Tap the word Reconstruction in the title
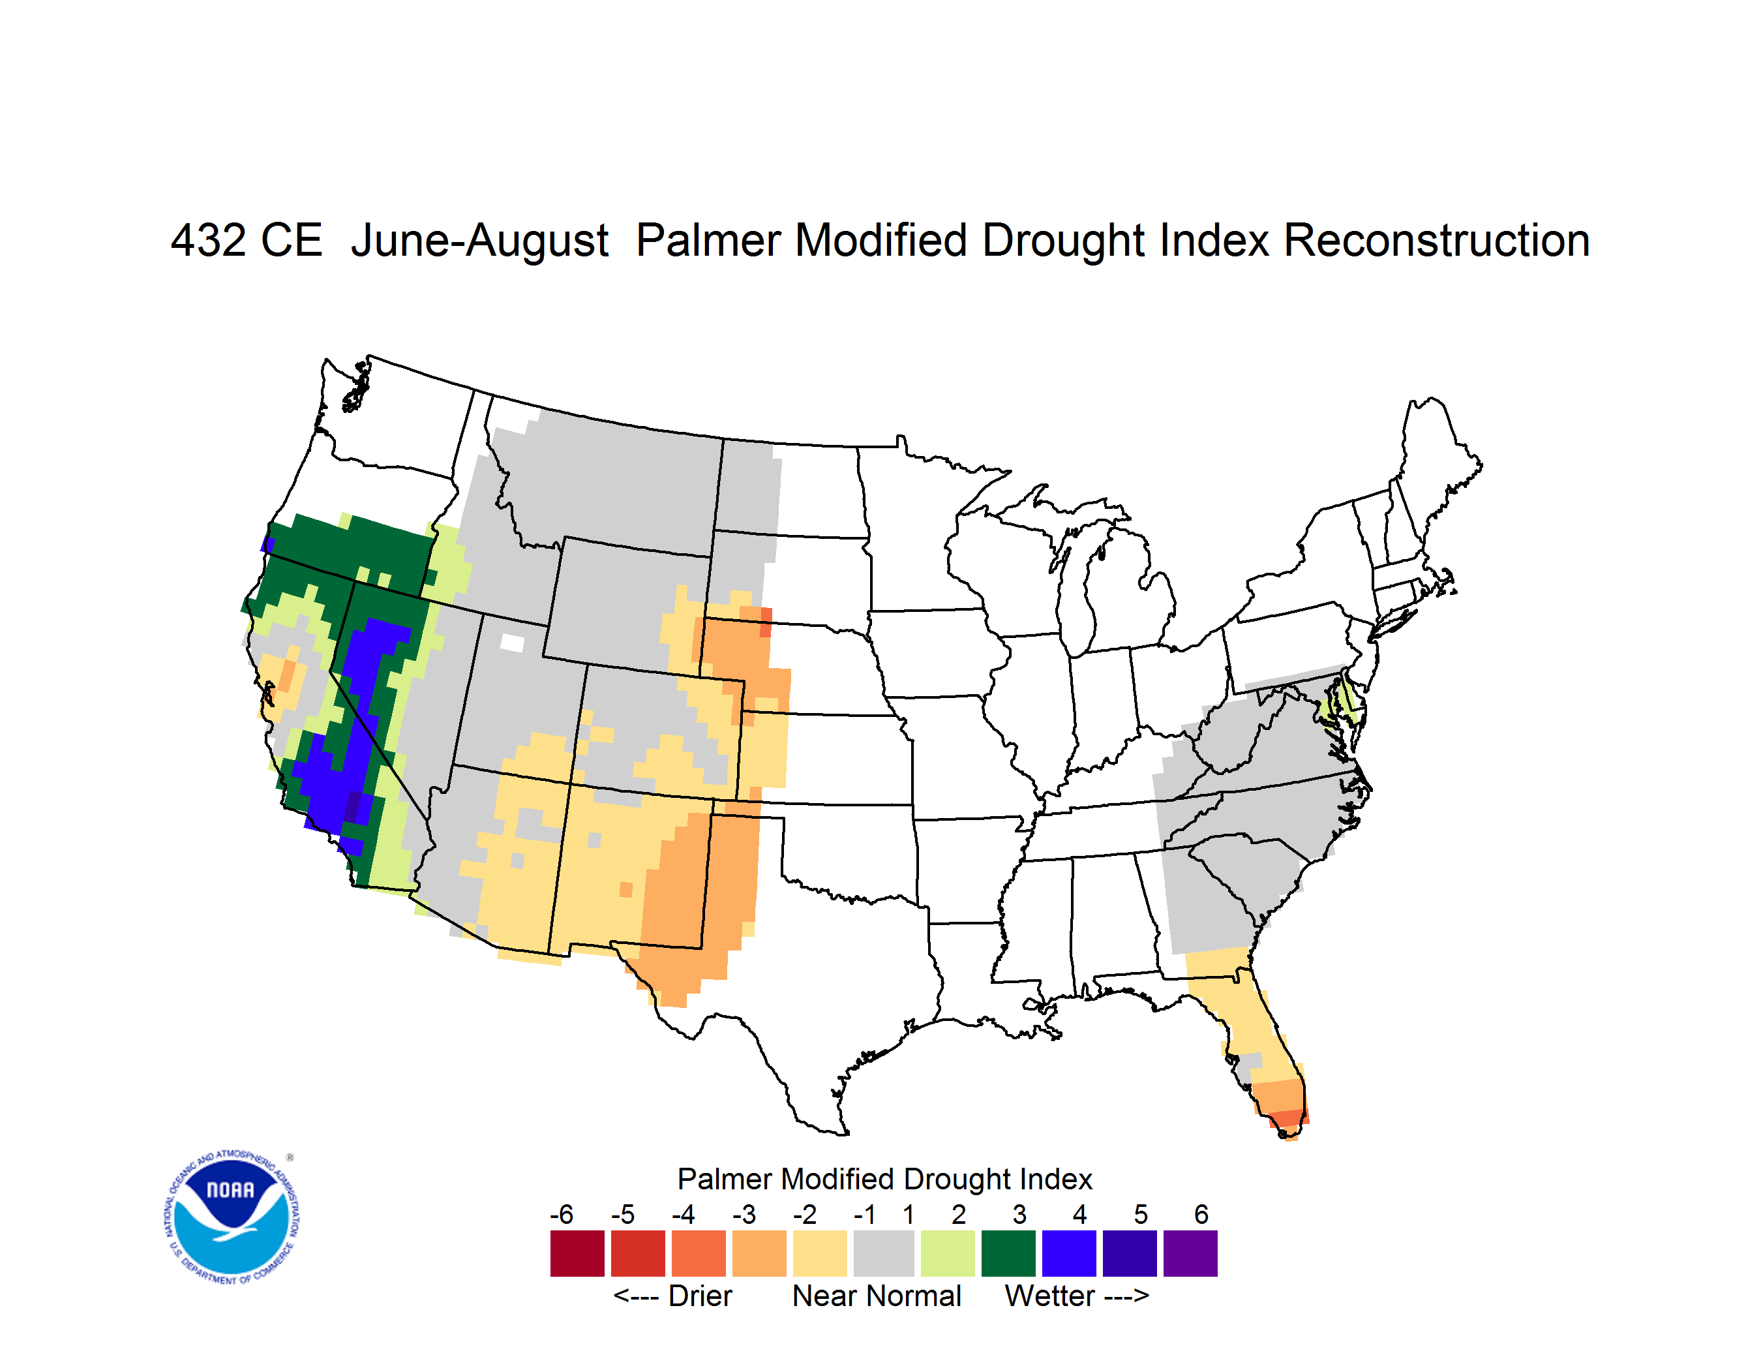[1436, 240]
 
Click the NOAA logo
[232, 1217]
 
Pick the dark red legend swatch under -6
[577, 1253]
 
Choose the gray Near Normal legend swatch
[884, 1253]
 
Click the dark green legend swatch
[1008, 1253]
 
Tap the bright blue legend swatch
[1069, 1253]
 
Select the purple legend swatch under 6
[1190, 1253]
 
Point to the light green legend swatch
[948, 1253]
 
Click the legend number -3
[744, 1214]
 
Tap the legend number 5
[1141, 1214]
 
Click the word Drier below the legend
[700, 1296]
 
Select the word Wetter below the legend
[1050, 1296]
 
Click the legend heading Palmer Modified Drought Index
[884, 1179]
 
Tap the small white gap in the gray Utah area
[512, 643]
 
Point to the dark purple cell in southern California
[353, 806]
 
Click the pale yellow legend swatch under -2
[820, 1253]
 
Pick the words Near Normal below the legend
[877, 1296]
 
